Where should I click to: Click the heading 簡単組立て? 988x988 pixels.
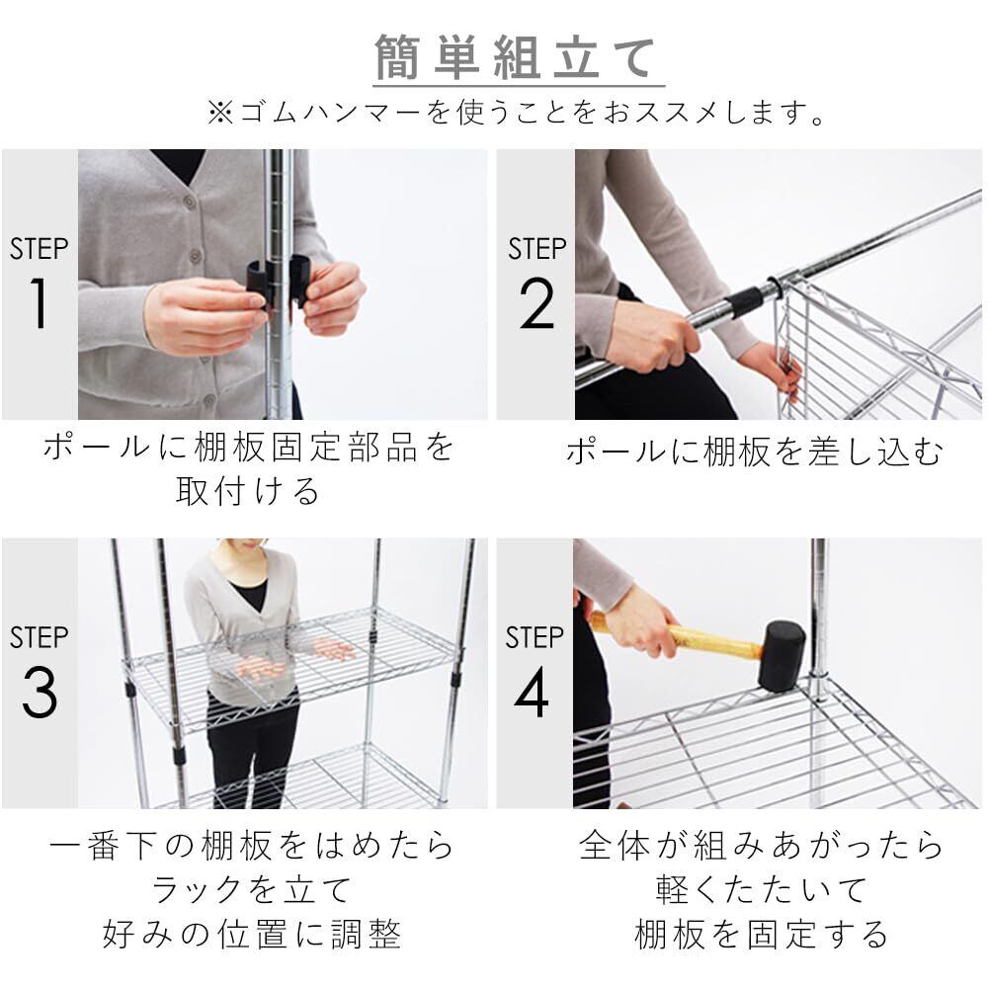pos(515,57)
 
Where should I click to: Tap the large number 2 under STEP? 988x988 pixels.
pos(536,303)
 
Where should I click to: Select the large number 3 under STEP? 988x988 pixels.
pos(40,692)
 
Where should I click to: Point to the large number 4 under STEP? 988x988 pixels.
pos(532,692)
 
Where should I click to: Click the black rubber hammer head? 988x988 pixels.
pos(782,656)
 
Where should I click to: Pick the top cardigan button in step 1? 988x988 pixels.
pos(188,201)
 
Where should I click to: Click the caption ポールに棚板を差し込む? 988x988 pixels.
pos(754,452)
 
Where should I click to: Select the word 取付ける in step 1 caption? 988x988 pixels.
pos(248,491)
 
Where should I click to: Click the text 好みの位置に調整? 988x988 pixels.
pos(251,934)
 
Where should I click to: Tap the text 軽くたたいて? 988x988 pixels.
pos(761,890)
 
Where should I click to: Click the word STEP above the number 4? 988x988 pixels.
pos(535,637)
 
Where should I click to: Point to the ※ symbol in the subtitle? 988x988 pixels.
pos(220,113)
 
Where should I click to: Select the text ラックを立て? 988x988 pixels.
pos(251,890)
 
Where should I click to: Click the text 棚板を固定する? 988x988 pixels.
pos(761,934)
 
